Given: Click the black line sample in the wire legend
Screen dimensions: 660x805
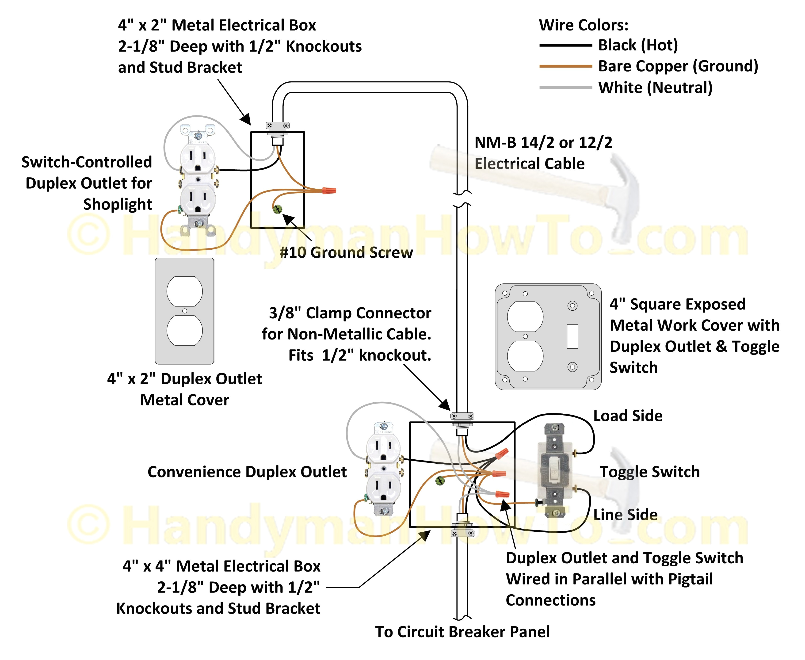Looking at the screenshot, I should (565, 45).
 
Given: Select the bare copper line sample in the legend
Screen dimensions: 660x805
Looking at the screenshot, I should (565, 66).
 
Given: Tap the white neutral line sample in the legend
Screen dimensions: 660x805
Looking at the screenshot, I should (565, 88).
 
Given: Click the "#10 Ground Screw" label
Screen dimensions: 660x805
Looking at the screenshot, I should (346, 252).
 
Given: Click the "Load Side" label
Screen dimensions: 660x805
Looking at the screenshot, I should (628, 416).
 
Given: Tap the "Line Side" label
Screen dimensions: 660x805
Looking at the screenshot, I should (626, 515).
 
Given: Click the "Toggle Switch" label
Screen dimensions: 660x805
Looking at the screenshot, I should (649, 472).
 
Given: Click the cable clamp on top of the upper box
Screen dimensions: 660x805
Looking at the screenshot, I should (278, 126).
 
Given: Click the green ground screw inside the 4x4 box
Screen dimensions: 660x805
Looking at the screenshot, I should (440, 481).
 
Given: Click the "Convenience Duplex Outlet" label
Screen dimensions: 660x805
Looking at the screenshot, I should (247, 472).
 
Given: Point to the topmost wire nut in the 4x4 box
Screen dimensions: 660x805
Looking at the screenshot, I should (502, 454).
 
